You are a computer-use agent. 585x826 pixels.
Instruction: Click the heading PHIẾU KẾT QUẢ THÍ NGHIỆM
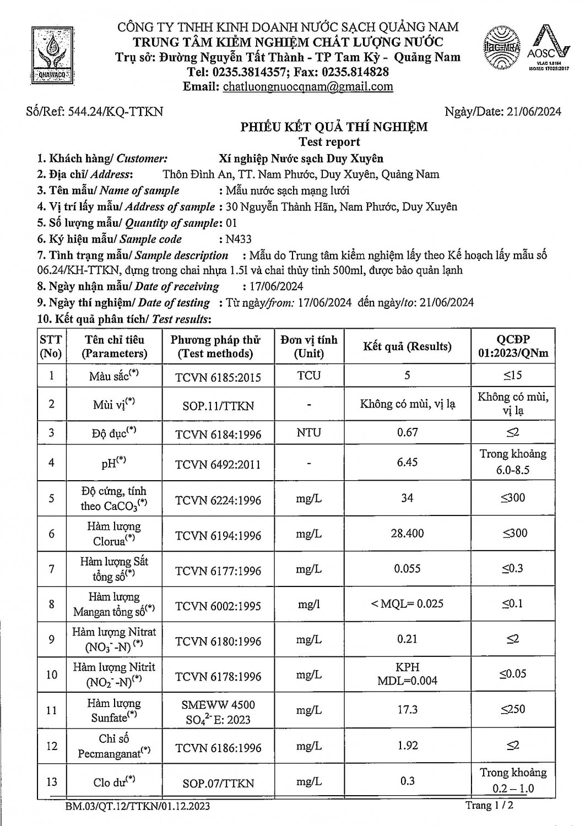(x=334, y=127)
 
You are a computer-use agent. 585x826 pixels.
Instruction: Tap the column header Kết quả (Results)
(x=407, y=346)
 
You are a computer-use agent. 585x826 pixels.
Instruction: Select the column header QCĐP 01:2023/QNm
(x=513, y=346)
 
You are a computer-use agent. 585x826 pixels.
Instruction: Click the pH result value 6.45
(x=407, y=462)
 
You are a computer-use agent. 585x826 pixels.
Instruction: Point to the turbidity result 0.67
(x=407, y=432)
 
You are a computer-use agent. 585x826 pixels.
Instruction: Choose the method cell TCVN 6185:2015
(x=218, y=378)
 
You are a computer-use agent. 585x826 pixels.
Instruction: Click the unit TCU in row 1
(x=308, y=376)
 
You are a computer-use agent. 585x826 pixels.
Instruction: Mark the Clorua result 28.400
(x=407, y=534)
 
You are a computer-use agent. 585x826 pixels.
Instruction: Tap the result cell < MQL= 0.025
(x=407, y=604)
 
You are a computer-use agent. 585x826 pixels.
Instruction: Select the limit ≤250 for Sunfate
(x=513, y=709)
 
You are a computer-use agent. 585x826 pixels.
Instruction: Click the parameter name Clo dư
(x=114, y=781)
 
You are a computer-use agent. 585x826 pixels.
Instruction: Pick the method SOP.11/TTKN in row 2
(x=218, y=406)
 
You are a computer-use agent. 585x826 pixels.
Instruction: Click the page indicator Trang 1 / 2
(x=490, y=806)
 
